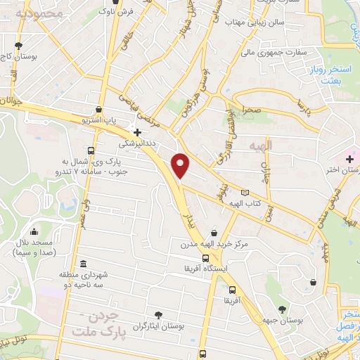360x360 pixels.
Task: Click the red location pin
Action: point(181,166)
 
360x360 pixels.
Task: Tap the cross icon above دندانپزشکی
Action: point(137,131)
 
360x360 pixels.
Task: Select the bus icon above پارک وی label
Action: point(91,150)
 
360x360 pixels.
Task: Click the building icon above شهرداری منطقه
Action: point(84,264)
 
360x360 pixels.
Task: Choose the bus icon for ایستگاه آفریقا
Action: point(205,258)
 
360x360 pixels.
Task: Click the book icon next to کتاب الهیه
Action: point(245,193)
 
